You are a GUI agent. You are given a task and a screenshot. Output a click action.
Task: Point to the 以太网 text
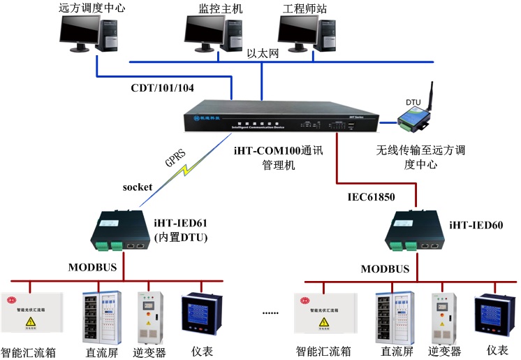[x=263, y=53]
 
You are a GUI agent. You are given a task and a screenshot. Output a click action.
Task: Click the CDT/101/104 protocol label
[x=163, y=87]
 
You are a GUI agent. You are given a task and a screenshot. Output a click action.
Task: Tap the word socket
[x=137, y=187]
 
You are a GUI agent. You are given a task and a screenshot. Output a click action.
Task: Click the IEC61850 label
[x=372, y=197]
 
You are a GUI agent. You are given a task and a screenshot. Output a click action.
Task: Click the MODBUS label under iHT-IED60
[x=385, y=268]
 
